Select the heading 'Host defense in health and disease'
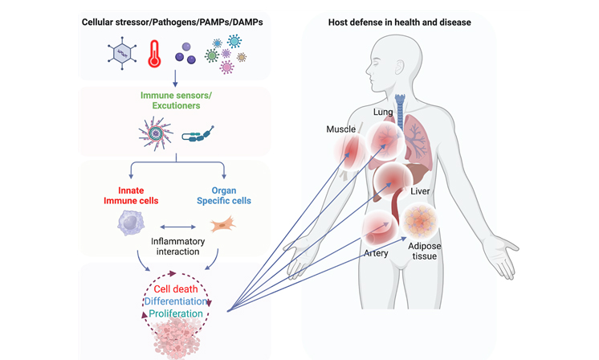(399, 22)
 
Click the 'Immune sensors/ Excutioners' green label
(175, 100)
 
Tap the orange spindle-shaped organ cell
(222, 226)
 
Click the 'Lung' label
(383, 112)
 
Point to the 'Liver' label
(421, 192)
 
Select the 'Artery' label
(376, 254)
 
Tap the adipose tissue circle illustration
(419, 222)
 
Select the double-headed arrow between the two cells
(176, 227)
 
